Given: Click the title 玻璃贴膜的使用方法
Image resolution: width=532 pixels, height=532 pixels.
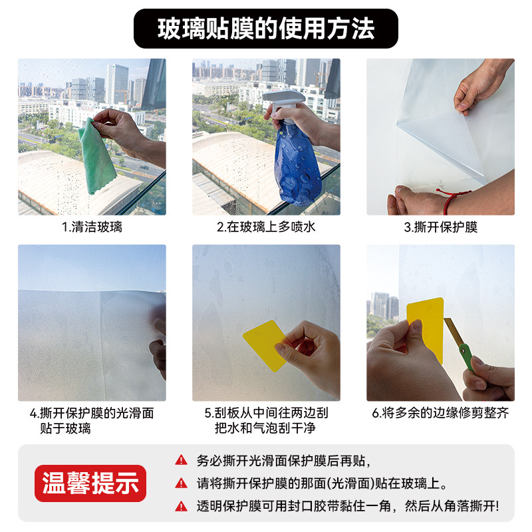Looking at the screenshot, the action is coord(266,29).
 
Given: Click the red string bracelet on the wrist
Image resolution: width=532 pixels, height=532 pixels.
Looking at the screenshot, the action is coord(451,200).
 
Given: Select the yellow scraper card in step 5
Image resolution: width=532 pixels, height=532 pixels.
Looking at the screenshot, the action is coord(265,345).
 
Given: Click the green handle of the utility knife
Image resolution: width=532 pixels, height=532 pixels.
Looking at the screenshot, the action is coord(467,357).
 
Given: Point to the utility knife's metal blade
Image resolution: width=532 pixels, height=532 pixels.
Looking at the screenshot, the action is coord(452,332).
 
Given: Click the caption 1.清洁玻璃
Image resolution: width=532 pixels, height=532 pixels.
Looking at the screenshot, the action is coord(92,227).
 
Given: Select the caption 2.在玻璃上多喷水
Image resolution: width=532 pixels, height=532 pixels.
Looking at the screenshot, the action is coord(266,227).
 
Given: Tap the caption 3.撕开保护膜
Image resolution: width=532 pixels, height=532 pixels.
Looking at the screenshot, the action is coord(440,227).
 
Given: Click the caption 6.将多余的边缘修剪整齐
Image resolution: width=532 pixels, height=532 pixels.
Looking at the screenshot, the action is coord(440,413).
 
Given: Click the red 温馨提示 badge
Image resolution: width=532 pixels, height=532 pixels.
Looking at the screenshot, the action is coord(90,483).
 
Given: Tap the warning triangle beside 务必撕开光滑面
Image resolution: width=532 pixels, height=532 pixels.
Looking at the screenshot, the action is coord(181,460).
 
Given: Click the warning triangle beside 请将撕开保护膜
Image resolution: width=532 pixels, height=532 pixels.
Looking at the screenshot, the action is coord(181,483).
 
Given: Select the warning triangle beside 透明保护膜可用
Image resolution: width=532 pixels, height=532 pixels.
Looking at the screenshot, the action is coord(181,506).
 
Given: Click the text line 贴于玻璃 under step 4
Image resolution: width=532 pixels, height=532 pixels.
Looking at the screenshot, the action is coord(65,428).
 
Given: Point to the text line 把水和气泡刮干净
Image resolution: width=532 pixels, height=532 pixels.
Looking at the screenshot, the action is coord(265,428).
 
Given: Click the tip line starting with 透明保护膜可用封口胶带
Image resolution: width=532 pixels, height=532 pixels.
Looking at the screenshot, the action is coord(348,506).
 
